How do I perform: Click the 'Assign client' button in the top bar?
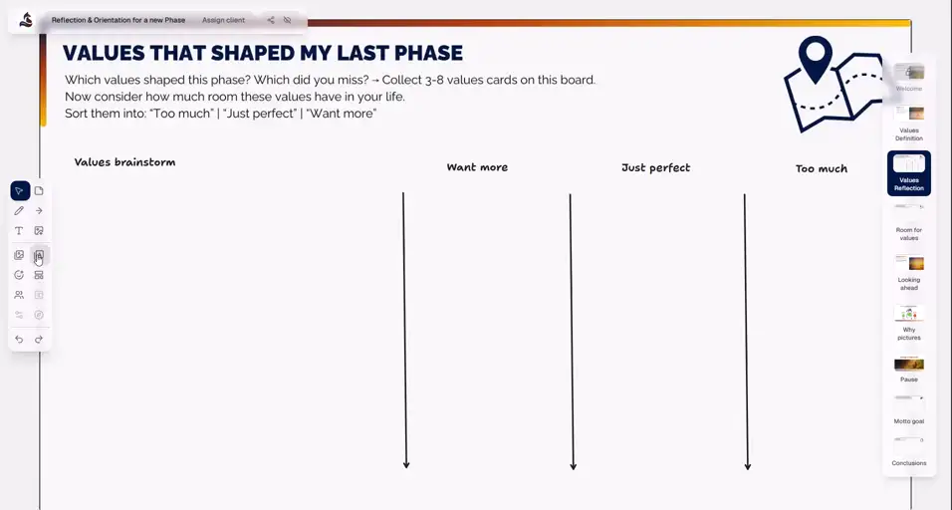click(223, 20)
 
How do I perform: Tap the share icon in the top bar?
click(270, 20)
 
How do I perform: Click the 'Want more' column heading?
click(477, 167)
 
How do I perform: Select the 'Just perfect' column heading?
click(655, 168)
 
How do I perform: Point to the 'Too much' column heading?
click(821, 169)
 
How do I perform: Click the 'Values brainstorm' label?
click(124, 162)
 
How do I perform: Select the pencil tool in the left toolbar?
click(19, 211)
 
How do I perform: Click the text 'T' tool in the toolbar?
click(19, 231)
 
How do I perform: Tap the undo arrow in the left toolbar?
click(19, 340)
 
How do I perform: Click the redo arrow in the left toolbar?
click(39, 340)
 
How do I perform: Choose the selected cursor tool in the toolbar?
click(19, 191)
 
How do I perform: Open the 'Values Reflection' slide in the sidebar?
click(908, 172)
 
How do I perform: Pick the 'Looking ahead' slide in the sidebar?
click(908, 270)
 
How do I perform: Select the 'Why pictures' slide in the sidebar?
click(908, 320)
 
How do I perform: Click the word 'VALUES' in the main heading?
click(105, 53)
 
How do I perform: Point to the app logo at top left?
click(26, 20)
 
